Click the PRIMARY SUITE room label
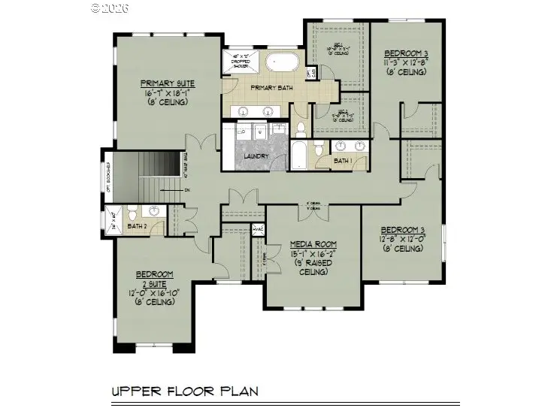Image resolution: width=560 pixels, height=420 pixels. [168, 83]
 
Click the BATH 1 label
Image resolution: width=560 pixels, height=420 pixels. [342, 160]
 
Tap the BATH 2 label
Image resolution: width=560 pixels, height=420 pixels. [136, 226]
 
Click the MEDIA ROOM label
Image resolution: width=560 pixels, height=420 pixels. [313, 245]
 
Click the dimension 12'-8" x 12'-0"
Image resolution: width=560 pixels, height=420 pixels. [404, 239]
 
